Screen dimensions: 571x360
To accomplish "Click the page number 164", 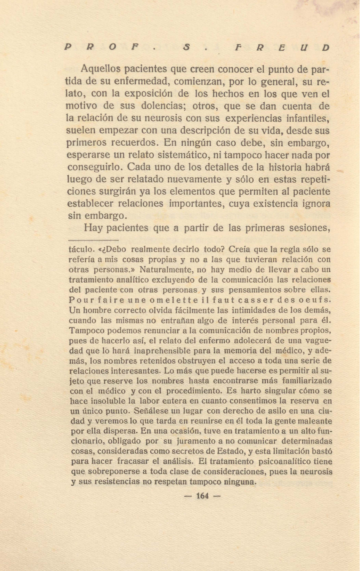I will point(202,496).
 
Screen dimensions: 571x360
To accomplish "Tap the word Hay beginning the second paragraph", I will point(93,228).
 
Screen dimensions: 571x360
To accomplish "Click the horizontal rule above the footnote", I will point(94,240).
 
